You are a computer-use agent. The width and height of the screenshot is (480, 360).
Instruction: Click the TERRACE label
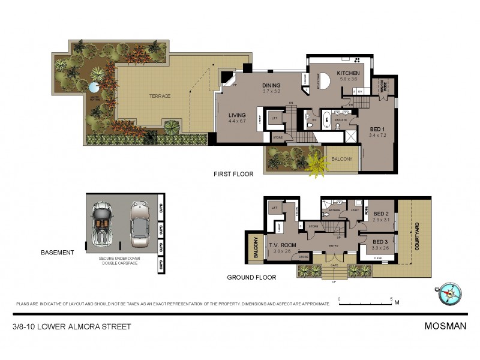160,96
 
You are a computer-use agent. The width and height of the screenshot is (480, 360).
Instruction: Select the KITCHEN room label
348,73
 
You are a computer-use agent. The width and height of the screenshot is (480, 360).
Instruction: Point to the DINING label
271,86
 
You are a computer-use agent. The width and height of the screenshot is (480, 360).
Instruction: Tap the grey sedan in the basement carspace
140,224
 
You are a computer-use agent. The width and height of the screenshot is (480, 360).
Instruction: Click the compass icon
449,294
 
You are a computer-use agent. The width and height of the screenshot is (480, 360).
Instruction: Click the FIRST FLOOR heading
233,174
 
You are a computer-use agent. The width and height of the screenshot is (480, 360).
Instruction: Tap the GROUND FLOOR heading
251,277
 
